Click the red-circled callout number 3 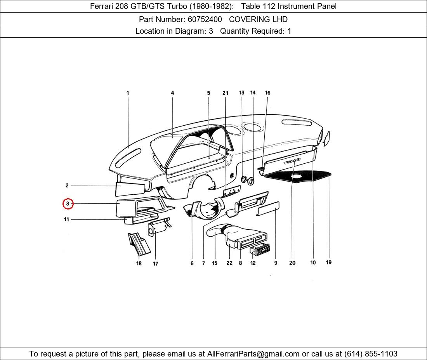[68, 204]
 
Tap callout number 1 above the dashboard [128, 93]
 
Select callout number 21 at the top [225, 93]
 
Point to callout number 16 [267, 93]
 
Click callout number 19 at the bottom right [329, 262]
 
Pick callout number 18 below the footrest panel [139, 263]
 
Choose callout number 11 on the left [66, 219]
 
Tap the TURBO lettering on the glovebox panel [292, 161]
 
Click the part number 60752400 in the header [205, 19]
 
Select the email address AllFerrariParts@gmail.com [253, 354]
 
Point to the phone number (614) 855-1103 [371, 354]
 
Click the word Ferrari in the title [102, 6]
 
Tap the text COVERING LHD [258, 19]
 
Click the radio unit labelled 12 [260, 249]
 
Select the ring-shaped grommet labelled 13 [244, 179]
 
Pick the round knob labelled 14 [250, 181]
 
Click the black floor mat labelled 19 [298, 177]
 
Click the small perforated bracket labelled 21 [231, 191]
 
